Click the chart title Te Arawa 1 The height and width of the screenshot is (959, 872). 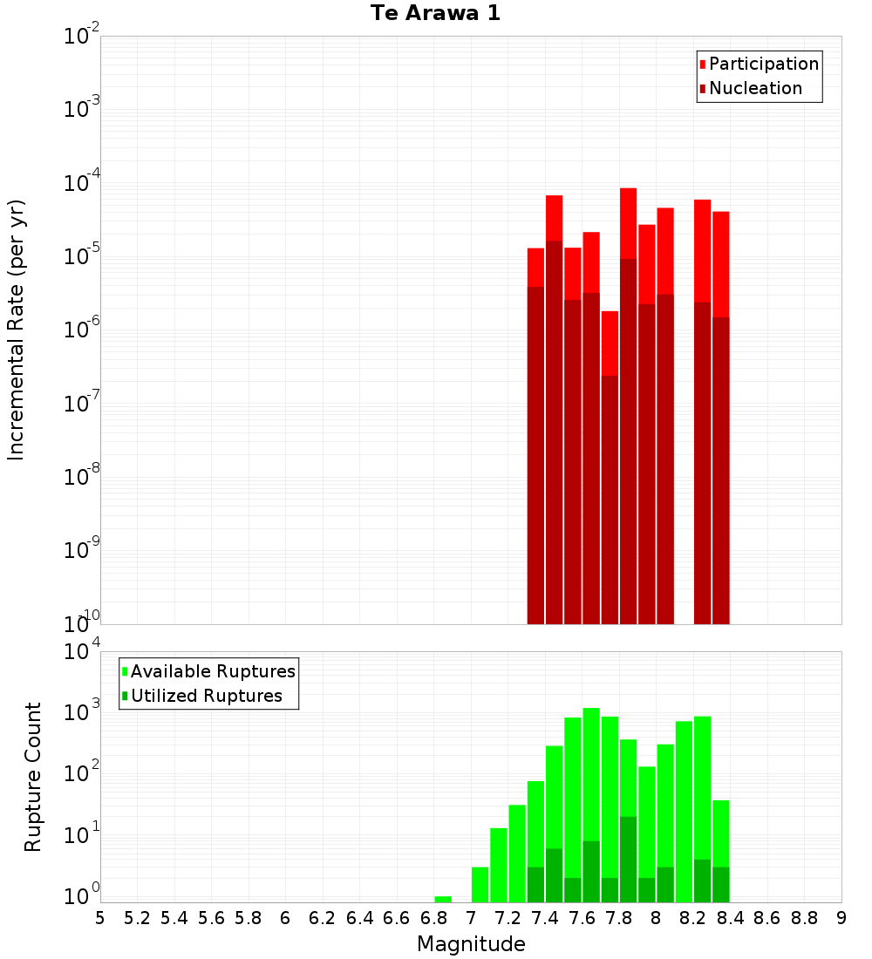pyautogui.click(x=435, y=14)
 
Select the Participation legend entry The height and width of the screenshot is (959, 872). pyautogui.click(x=763, y=64)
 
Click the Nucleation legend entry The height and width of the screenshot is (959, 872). pyautogui.click(x=754, y=88)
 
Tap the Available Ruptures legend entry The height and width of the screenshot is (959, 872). pyautogui.click(x=212, y=671)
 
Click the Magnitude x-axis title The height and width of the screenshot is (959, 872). pyautogui.click(x=471, y=944)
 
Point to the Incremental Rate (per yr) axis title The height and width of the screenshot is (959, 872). pyautogui.click(x=17, y=330)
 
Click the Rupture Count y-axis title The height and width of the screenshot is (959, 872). pyautogui.click(x=33, y=776)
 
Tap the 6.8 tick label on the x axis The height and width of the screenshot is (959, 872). pyautogui.click(x=433, y=918)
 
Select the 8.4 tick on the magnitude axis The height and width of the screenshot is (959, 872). pyautogui.click(x=730, y=918)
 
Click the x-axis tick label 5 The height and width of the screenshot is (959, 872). pyautogui.click(x=100, y=918)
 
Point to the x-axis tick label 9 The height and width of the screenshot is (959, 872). pyautogui.click(x=841, y=918)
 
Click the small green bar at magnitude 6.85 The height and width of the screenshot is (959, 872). pyautogui.click(x=443, y=899)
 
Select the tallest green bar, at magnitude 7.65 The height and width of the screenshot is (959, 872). pyautogui.click(x=591, y=802)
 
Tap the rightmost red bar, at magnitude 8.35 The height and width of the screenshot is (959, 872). pyautogui.click(x=721, y=418)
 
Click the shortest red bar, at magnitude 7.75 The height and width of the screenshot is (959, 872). pyautogui.click(x=610, y=471)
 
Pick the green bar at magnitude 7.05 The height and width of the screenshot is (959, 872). pyautogui.click(x=480, y=884)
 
